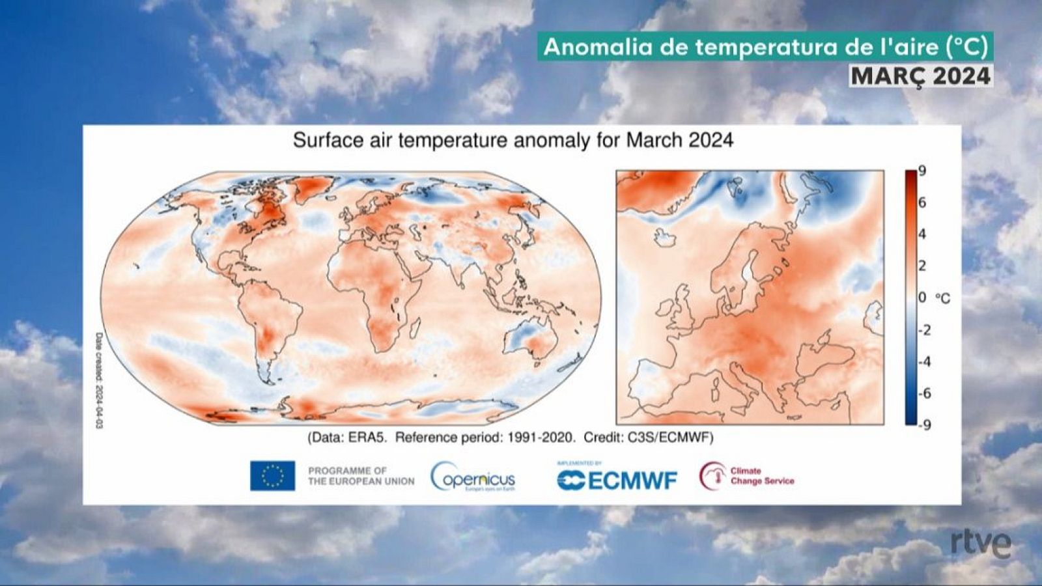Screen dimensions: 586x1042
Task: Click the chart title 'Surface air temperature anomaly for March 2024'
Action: coord(513,140)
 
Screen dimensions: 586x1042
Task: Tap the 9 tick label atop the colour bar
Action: coord(922,171)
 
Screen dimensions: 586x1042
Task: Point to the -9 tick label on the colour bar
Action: coord(924,425)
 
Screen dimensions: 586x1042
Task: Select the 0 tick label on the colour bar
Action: coord(922,298)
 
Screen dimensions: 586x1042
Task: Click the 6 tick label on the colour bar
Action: coord(922,202)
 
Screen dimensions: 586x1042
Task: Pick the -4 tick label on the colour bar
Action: coord(924,361)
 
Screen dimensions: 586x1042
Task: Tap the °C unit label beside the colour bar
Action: coord(942,298)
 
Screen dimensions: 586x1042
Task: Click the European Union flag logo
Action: coord(272,475)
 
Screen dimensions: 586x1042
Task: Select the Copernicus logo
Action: coord(473,477)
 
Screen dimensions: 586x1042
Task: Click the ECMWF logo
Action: coord(617,480)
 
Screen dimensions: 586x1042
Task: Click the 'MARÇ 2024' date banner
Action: coord(920,76)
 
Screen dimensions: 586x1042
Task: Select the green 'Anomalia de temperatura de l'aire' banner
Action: coord(765,48)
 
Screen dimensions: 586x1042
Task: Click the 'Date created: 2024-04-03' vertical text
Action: coord(99,381)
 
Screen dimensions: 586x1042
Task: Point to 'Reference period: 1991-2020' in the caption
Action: coord(485,438)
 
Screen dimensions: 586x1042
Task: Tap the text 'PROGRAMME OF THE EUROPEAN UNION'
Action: coord(361,476)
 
